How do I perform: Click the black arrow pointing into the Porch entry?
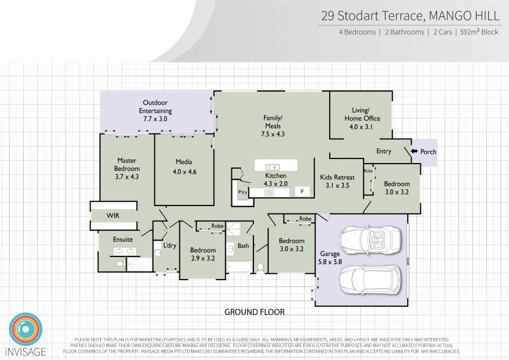pyautogui.click(x=414, y=151)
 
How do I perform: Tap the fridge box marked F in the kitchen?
pyautogui.click(x=302, y=191)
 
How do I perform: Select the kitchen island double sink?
pyautogui.click(x=273, y=168)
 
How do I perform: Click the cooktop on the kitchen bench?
pyautogui.click(x=269, y=192)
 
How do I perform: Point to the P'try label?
pyautogui.click(x=243, y=192)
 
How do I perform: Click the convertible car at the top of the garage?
pyautogui.click(x=370, y=240)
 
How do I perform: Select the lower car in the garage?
pyautogui.click(x=370, y=280)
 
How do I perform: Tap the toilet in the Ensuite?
pyautogui.click(x=121, y=264)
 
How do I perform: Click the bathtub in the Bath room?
pyautogui.click(x=240, y=267)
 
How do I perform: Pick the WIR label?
pyautogui.click(x=113, y=216)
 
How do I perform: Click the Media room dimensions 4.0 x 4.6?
pyautogui.click(x=184, y=172)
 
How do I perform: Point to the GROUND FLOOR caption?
pyautogui.click(x=255, y=312)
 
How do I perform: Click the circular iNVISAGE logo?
pyautogui.click(x=25, y=329)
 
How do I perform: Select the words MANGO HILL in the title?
pyautogui.click(x=464, y=16)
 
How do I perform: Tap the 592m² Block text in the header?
pyautogui.click(x=479, y=32)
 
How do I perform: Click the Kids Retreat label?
pyautogui.click(x=337, y=177)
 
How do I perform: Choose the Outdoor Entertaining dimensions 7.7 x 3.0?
pyautogui.click(x=155, y=119)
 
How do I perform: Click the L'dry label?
pyautogui.click(x=170, y=245)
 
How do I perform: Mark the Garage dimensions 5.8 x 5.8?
pyautogui.click(x=330, y=262)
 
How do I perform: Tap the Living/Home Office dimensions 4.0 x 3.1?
pyautogui.click(x=361, y=127)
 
